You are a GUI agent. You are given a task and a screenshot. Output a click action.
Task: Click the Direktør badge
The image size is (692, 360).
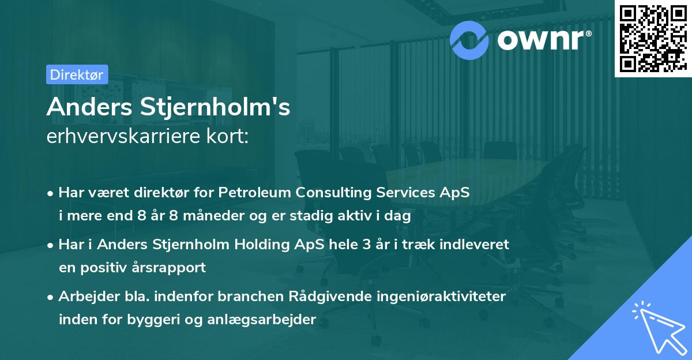[77, 74]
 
